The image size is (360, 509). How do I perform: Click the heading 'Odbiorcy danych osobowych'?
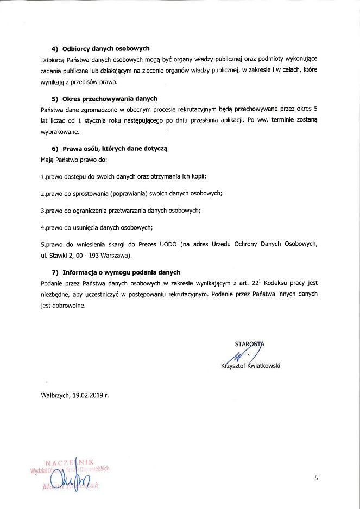coord(106,49)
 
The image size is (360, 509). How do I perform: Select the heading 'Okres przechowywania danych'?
coord(110,98)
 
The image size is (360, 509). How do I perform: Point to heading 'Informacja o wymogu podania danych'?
coord(121,272)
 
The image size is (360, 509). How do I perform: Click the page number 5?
coord(316,478)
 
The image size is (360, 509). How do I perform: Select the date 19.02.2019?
coord(87,395)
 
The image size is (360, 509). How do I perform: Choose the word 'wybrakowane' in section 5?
coord(60,131)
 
